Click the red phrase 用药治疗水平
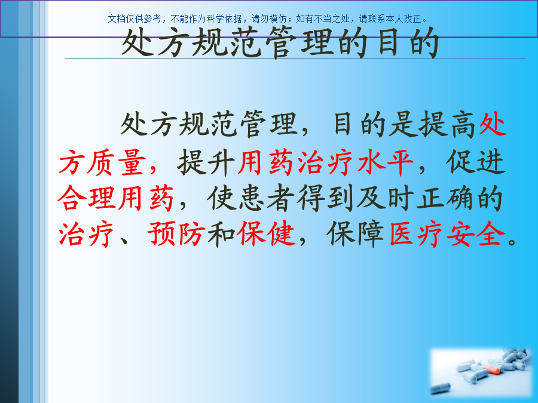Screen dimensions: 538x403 pos(326,162)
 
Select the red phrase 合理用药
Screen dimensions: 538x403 pos(115,198)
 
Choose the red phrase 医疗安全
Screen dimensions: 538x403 pos(447,233)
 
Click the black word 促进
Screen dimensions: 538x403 pos(476,162)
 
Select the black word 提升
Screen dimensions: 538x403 pos(206,162)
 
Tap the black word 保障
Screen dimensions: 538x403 pos(355,233)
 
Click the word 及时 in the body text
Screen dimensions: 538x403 pos(385,198)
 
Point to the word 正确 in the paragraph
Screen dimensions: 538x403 pos(445,198)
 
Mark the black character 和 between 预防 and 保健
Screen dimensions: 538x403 pos(221,233)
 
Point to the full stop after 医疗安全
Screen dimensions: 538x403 pos(512,241)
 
